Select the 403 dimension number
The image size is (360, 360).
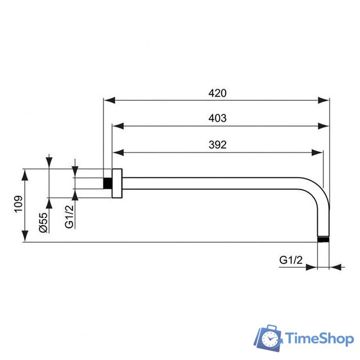click(x=217, y=118)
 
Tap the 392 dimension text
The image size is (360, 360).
click(x=217, y=145)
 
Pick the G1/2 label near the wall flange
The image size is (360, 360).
click(x=69, y=215)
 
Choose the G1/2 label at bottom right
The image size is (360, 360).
click(x=291, y=260)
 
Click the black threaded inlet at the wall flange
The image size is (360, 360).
click(x=107, y=183)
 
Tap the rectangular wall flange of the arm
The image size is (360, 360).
click(x=116, y=183)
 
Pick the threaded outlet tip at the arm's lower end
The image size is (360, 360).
click(x=323, y=239)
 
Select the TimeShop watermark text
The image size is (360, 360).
click(x=319, y=339)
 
